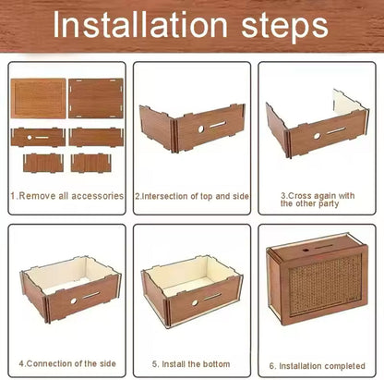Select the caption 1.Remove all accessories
point(66,196)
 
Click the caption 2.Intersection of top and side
point(192,196)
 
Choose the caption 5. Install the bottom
point(192,365)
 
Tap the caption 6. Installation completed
point(318,365)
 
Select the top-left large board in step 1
point(39,99)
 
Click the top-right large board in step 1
point(96,99)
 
